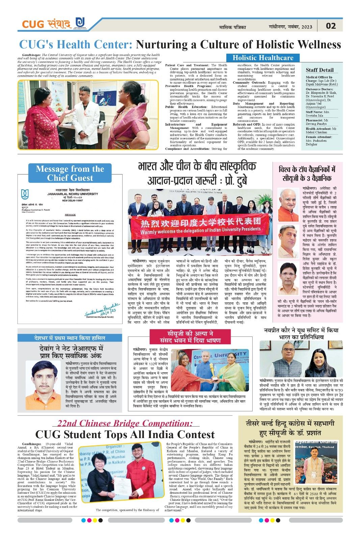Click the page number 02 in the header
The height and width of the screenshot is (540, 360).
pos(331,26)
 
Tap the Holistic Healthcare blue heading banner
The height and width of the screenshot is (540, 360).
pos(263,58)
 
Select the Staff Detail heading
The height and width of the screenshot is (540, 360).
pos(319,70)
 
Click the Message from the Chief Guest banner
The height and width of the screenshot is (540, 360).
pos(70,173)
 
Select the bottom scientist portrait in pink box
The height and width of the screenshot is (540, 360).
pos(289,278)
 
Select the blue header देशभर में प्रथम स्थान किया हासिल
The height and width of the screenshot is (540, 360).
pos(70,338)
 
